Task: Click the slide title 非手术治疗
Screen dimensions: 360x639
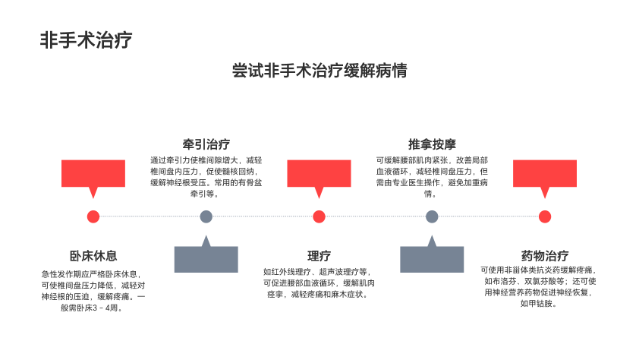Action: click(x=87, y=40)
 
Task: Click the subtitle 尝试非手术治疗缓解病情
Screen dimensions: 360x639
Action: click(x=319, y=71)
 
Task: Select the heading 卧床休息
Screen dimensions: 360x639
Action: click(x=93, y=256)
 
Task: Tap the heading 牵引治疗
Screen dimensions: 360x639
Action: click(x=206, y=144)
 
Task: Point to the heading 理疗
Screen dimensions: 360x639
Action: click(x=319, y=256)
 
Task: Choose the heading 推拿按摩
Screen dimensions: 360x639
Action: click(x=432, y=144)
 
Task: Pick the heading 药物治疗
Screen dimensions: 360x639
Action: click(x=544, y=256)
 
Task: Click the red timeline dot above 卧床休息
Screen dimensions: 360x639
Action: click(x=93, y=216)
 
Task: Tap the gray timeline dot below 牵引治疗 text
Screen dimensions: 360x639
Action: click(x=206, y=216)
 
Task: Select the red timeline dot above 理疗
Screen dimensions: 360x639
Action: click(x=319, y=216)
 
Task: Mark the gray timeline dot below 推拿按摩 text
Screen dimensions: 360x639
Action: click(x=432, y=216)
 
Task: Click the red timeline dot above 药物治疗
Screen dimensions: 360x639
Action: click(x=544, y=216)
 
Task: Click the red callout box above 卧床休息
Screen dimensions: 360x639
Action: click(x=93, y=173)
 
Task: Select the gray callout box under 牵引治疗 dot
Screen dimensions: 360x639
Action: click(x=206, y=259)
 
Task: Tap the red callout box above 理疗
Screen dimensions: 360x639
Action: click(x=319, y=173)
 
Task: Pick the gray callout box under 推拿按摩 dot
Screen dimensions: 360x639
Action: click(x=432, y=259)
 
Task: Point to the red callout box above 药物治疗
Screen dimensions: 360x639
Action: click(x=544, y=173)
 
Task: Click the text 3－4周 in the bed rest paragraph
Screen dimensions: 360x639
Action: click(x=102, y=308)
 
